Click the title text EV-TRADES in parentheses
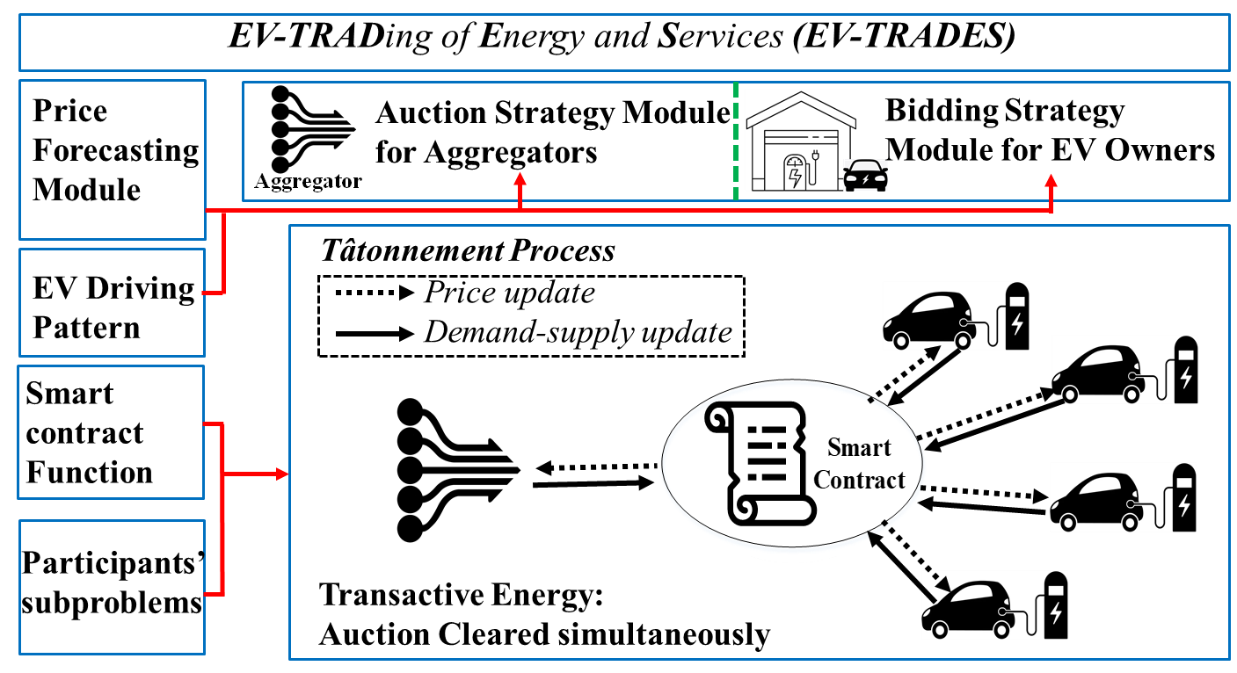pyautogui.click(x=904, y=36)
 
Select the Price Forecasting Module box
pyautogui.click(x=113, y=160)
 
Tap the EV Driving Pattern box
pyautogui.click(x=113, y=303)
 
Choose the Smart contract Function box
pyautogui.click(x=111, y=432)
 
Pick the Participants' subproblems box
pyautogui.click(x=113, y=588)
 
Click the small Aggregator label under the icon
pyautogui.click(x=308, y=181)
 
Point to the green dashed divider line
pyautogui.click(x=736, y=141)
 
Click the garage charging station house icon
pyautogui.click(x=801, y=141)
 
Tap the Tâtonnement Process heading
pyautogui.click(x=468, y=251)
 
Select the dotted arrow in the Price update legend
pyautogui.click(x=375, y=293)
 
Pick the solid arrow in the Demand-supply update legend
pyautogui.click(x=375, y=333)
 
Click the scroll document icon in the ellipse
pyautogui.click(x=760, y=463)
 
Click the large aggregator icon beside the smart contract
pyautogui.click(x=458, y=470)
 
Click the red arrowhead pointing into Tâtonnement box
pyautogui.click(x=282, y=474)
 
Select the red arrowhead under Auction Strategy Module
pyautogui.click(x=520, y=179)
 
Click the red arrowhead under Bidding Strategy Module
pyautogui.click(x=1051, y=181)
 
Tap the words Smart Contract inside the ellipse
pyautogui.click(x=859, y=464)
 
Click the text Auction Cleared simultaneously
pyautogui.click(x=544, y=634)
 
